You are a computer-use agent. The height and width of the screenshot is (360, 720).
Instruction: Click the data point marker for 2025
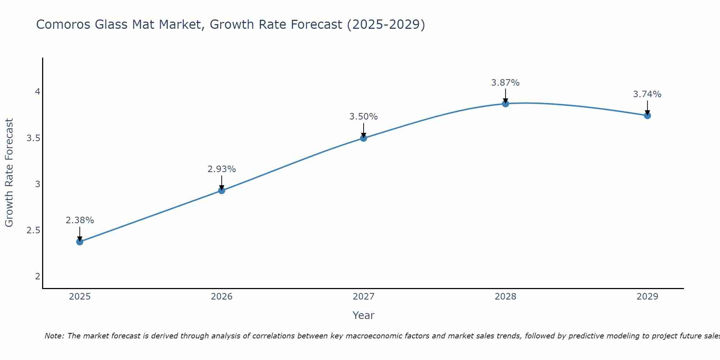click(80, 242)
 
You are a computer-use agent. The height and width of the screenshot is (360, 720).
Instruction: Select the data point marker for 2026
click(222, 190)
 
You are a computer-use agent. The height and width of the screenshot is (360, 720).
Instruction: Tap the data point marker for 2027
click(364, 138)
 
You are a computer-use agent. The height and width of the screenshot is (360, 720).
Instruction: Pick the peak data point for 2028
click(505, 104)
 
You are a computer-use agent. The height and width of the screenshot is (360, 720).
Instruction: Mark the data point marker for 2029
click(647, 116)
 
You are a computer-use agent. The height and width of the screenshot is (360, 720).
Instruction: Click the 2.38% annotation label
click(80, 220)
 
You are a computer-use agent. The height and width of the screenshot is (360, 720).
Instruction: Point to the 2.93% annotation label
click(222, 169)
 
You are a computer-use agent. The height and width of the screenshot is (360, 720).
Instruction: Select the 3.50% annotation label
click(364, 117)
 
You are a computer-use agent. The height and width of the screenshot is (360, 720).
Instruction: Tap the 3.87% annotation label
click(505, 83)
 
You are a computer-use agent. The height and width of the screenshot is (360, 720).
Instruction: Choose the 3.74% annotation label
click(647, 94)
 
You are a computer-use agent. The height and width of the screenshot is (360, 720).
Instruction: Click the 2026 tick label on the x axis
click(222, 297)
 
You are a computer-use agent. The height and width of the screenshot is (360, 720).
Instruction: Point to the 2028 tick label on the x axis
click(505, 297)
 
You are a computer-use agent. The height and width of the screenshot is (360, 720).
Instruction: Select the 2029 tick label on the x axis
click(647, 297)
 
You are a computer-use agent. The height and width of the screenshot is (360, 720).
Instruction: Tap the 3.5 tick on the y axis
click(33, 138)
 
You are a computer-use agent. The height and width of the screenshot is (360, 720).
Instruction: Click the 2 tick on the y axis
click(37, 276)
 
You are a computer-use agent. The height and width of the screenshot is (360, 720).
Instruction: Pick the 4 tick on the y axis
click(37, 92)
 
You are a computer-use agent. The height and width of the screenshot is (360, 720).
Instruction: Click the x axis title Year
click(364, 315)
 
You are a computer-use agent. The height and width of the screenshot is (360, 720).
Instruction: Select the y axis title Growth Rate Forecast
click(9, 173)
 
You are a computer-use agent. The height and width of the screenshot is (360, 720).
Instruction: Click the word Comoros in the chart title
click(63, 24)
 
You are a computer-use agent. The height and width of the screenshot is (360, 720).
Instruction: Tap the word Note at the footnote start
click(54, 336)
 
